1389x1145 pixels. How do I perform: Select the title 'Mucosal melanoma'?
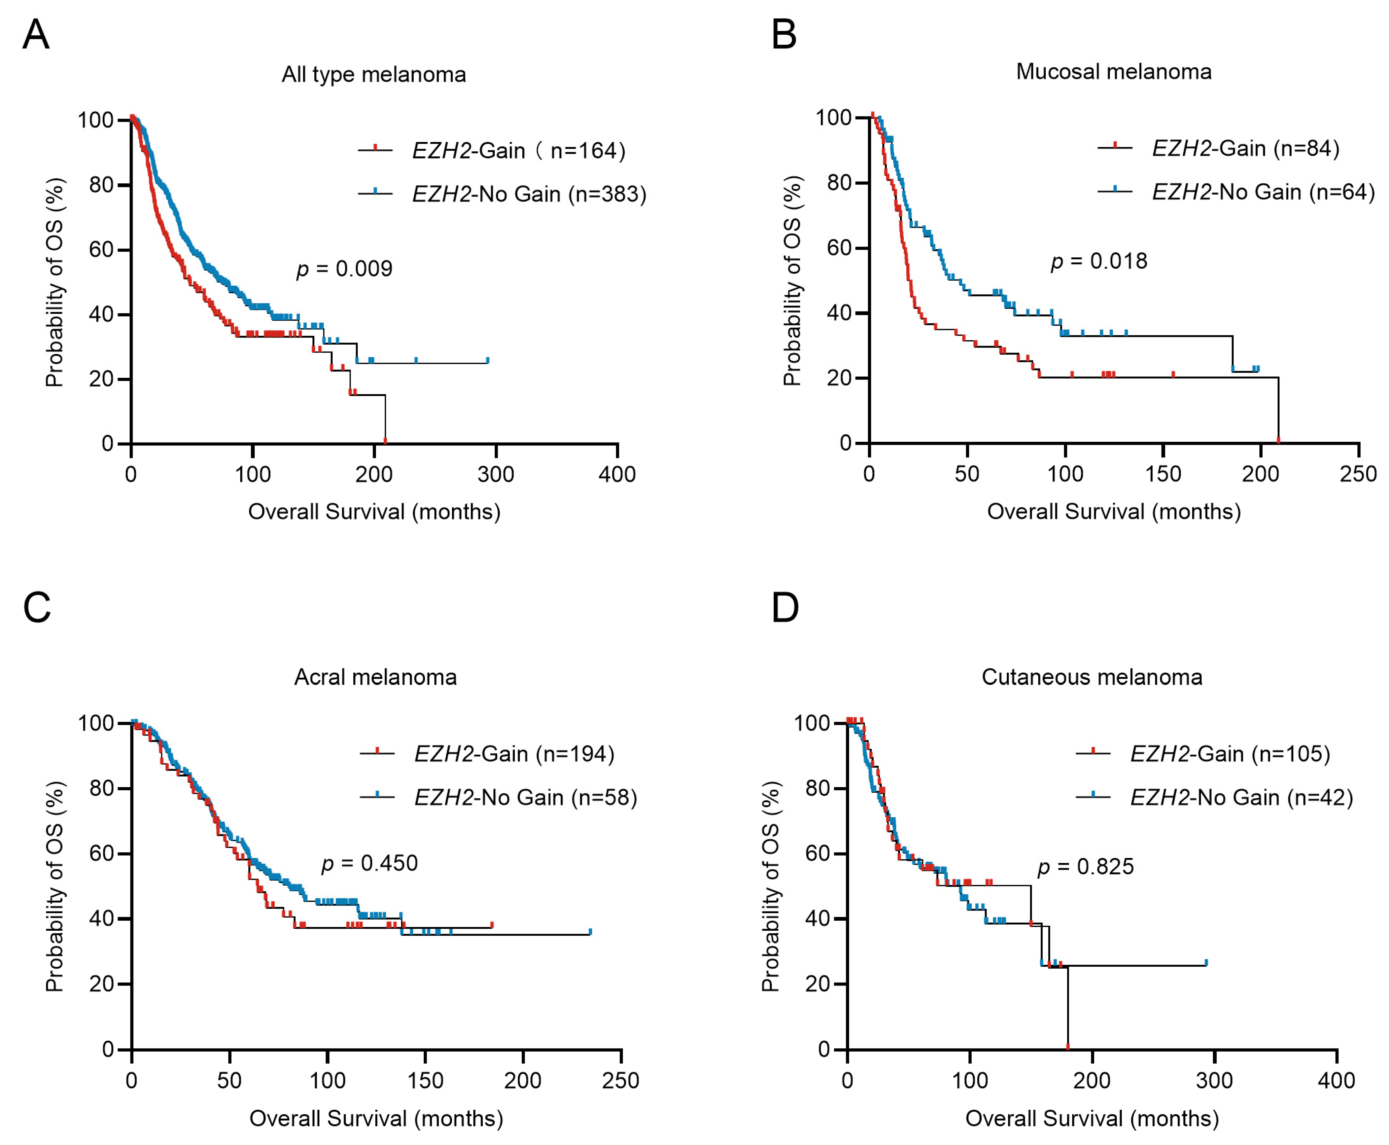(1113, 71)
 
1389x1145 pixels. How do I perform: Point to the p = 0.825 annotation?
(1085, 866)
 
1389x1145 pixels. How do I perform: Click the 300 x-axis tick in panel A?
(495, 473)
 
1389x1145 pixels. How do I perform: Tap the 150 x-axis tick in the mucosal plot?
(1163, 473)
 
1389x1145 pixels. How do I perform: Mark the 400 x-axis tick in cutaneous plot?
(1336, 1080)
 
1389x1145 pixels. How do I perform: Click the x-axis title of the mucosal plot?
(1113, 511)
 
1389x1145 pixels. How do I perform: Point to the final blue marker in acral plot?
(590, 931)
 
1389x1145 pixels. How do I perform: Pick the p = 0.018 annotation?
(1099, 261)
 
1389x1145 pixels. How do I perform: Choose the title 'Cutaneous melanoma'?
(1091, 677)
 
